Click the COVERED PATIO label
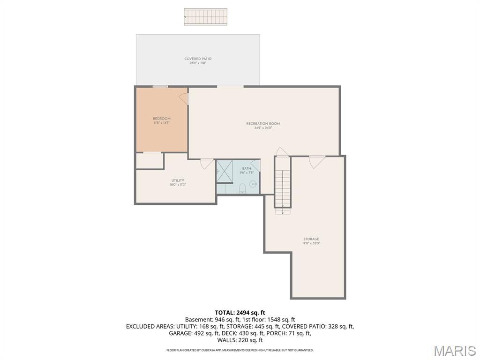198,59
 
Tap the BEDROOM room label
161,119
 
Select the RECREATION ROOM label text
263,124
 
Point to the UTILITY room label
178,180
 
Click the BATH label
247,168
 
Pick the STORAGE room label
311,239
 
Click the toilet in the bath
242,188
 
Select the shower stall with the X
225,171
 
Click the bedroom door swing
184,98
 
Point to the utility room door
207,164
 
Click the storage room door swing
317,161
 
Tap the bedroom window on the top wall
160,87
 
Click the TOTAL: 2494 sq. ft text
240,313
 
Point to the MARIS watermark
454,351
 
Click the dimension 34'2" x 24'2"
263,128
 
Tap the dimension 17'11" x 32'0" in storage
311,244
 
